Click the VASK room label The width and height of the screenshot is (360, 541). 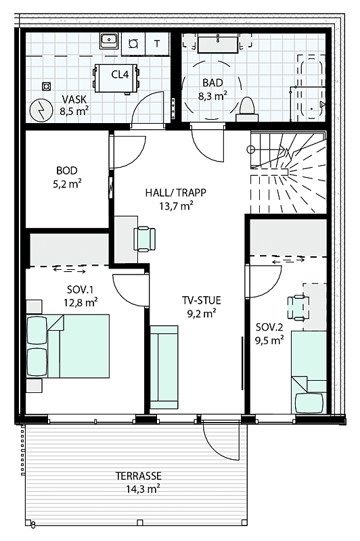[x=74, y=102]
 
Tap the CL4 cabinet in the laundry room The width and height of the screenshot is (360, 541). [x=120, y=75]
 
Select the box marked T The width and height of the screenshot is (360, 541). [x=158, y=43]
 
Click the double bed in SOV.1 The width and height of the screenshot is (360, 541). [x=68, y=346]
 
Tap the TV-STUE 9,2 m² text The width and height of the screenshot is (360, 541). [x=202, y=306]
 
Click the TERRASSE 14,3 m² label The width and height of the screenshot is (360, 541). [x=138, y=481]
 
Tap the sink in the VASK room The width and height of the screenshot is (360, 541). [x=109, y=41]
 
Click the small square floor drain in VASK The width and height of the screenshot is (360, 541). [x=47, y=86]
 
